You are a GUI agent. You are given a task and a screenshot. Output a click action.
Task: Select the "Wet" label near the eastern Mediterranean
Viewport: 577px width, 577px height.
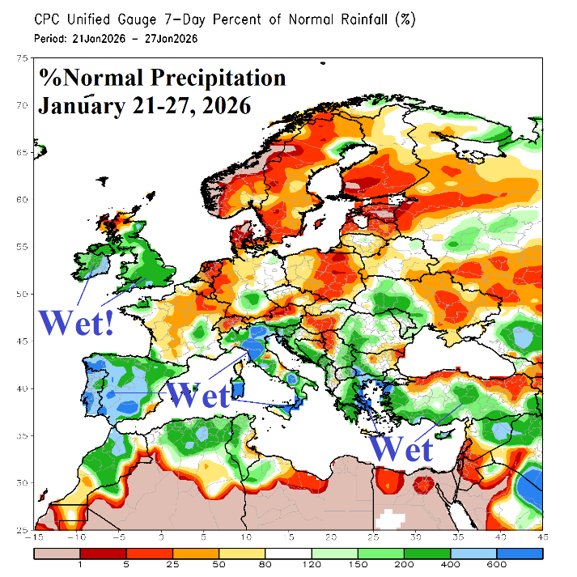(401, 447)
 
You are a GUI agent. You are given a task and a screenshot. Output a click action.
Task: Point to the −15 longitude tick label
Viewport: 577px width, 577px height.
(34, 537)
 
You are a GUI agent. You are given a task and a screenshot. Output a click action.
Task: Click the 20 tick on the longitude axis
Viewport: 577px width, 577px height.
(331, 537)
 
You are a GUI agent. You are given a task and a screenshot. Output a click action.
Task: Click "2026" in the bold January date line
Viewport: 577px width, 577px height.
(222, 105)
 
